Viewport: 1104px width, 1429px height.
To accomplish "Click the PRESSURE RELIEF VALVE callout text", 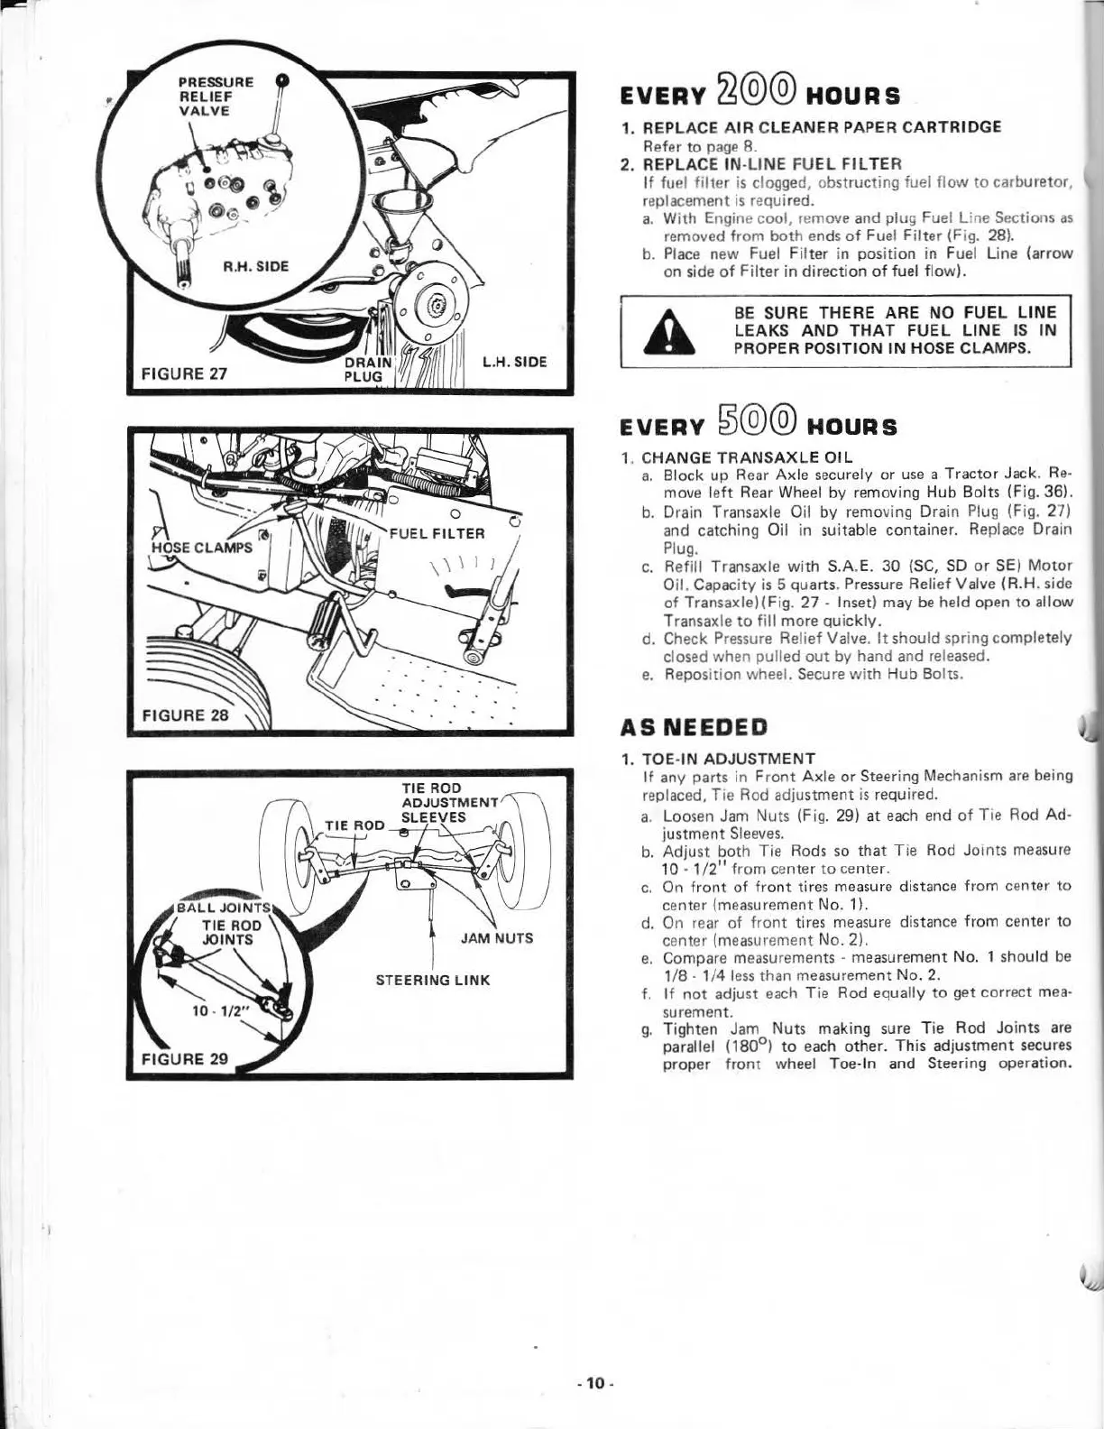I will click(205, 96).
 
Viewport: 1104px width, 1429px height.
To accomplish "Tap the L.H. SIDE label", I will click(514, 362).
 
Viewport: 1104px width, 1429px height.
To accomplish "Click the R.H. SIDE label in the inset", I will click(256, 267).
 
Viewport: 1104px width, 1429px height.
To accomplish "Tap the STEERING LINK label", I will click(433, 980).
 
